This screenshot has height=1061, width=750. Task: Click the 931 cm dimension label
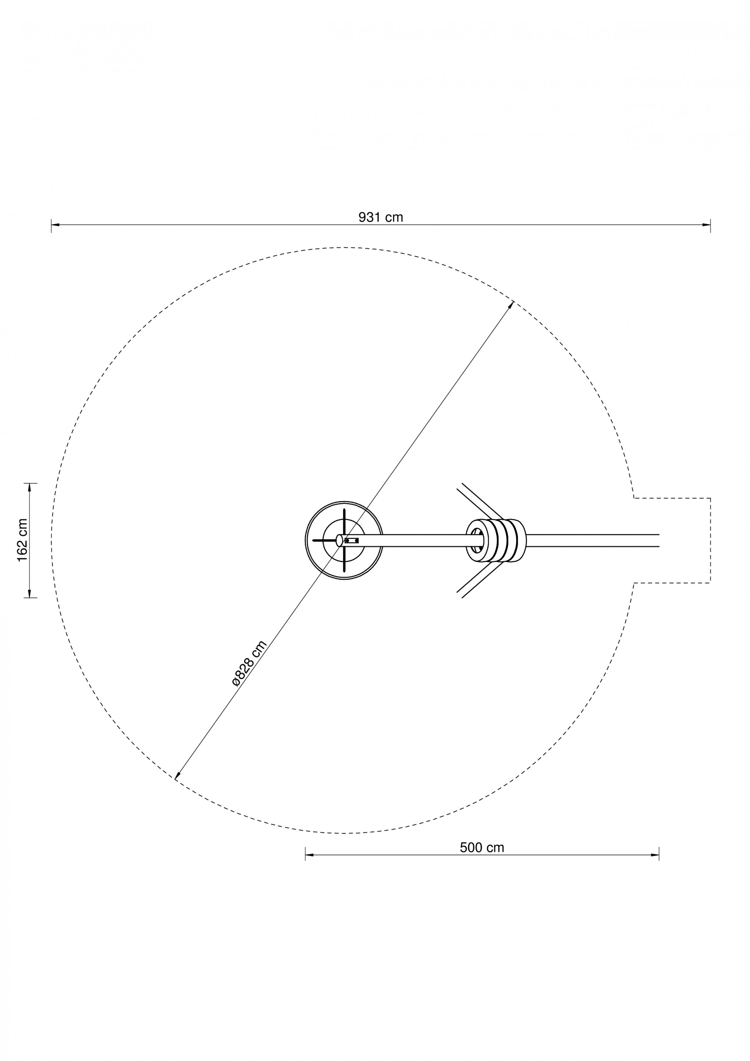pos(381,217)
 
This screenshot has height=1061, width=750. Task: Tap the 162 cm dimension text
pos(22,540)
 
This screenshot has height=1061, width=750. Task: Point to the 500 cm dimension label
pos(482,847)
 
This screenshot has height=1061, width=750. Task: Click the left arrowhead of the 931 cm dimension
pos(55,225)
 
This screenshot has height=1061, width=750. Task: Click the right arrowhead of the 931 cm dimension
pos(707,225)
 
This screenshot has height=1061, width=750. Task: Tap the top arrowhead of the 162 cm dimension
pos(30,487)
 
